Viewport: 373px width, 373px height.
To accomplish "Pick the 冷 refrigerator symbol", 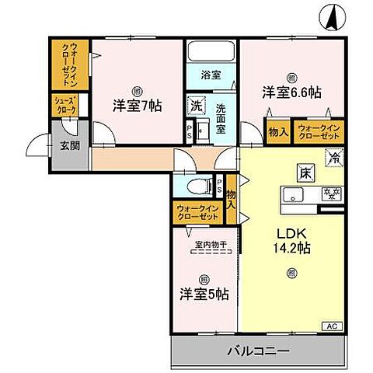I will tap(334, 158).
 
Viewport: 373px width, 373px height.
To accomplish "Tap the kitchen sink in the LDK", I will tap(295, 193).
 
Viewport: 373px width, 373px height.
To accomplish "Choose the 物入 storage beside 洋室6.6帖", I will tap(279, 132).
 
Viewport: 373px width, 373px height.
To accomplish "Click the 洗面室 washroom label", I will tap(221, 119).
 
